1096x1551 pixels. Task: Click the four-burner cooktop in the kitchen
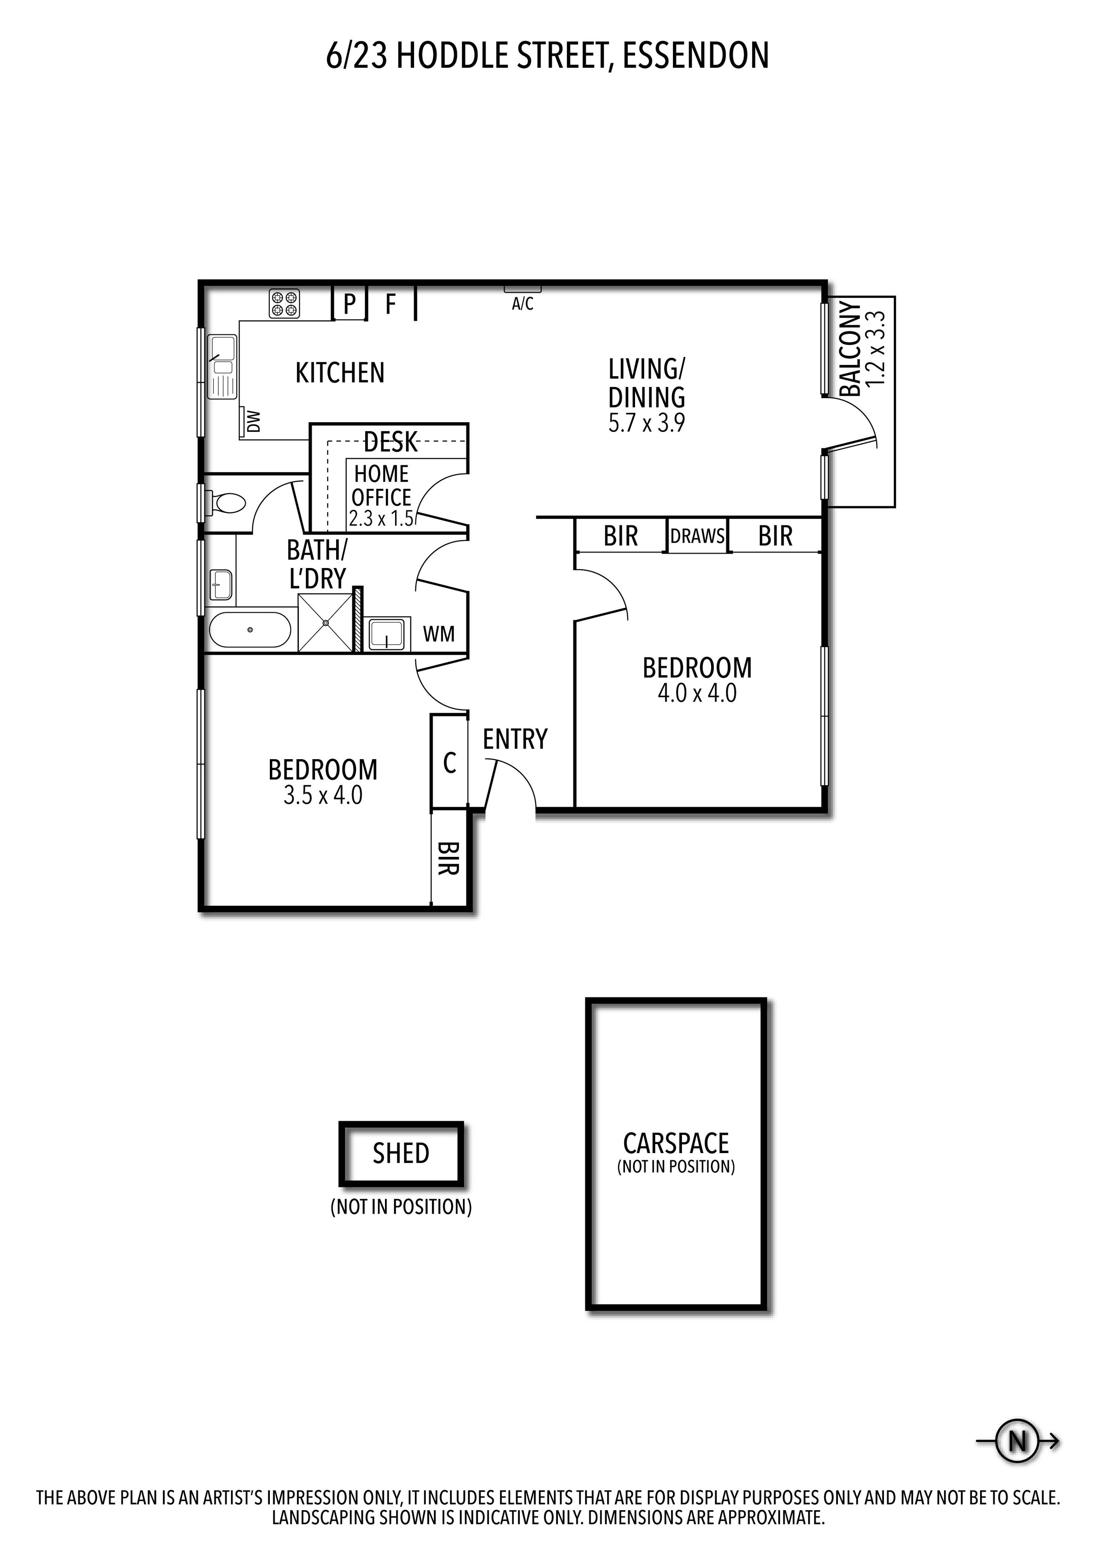coord(285,303)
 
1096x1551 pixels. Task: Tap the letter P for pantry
coord(350,304)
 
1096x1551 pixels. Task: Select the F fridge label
coord(390,305)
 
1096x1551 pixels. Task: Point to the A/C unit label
coord(523,304)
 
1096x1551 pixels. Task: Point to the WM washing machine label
coord(439,633)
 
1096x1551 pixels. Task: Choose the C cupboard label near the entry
coord(450,763)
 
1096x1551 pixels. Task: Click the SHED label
coord(401,1153)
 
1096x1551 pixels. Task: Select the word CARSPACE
coord(676,1144)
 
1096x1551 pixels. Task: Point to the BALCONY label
coord(851,349)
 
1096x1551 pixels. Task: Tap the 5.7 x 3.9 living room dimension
coord(647,423)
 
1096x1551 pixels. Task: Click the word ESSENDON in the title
coord(696,55)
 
